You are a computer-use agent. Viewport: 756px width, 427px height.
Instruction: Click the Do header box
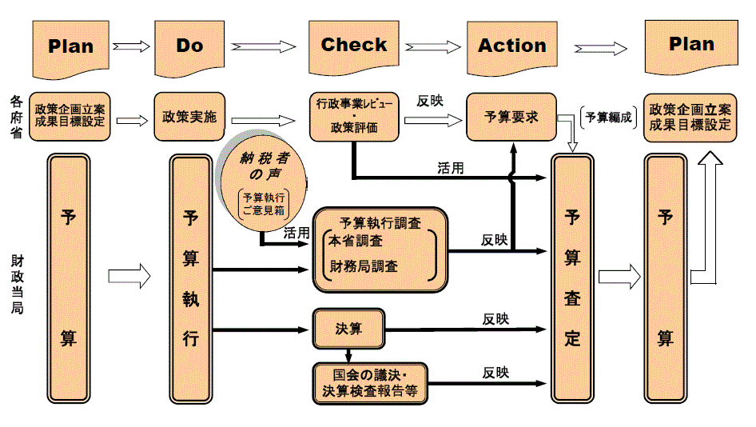pyautogui.click(x=189, y=46)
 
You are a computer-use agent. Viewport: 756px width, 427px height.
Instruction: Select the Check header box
pyautogui.click(x=353, y=46)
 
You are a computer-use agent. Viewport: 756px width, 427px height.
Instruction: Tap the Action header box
pyautogui.click(x=511, y=46)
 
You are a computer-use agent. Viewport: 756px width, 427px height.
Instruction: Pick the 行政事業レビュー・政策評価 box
pyautogui.click(x=353, y=117)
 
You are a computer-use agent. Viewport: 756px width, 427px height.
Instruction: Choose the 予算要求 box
pyautogui.click(x=511, y=117)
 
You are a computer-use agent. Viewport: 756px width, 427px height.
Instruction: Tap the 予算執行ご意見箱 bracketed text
pyautogui.click(x=264, y=203)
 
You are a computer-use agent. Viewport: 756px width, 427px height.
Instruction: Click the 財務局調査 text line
pyautogui.click(x=363, y=265)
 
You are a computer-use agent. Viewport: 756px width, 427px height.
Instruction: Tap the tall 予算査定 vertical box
pyautogui.click(x=572, y=277)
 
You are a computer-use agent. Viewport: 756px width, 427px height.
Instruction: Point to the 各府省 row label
pyautogui.click(x=16, y=117)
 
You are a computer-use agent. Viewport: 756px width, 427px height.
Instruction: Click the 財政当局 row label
pyautogui.click(x=16, y=285)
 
